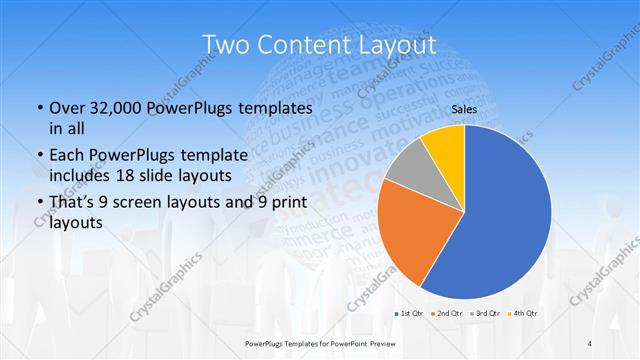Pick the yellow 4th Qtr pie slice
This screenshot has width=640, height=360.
[443, 144]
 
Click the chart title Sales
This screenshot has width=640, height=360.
[463, 109]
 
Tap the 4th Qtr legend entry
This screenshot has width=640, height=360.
[524, 313]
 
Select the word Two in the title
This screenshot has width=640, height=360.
[225, 45]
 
